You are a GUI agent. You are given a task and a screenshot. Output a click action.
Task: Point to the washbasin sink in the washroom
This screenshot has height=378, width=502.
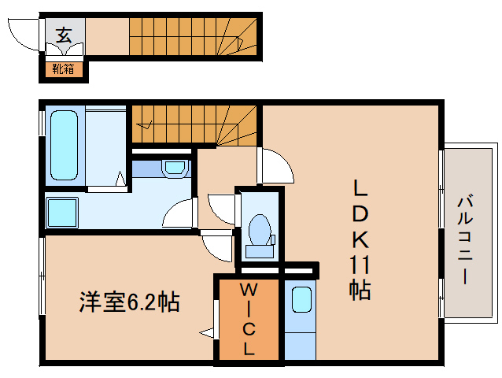coord(175,167)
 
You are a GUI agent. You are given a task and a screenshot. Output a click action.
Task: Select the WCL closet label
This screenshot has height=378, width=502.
coord(248,319)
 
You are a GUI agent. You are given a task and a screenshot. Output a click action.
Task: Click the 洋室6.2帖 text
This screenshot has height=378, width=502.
coord(129,302)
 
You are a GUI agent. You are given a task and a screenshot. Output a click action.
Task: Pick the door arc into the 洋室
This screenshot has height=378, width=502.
coord(216,248)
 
